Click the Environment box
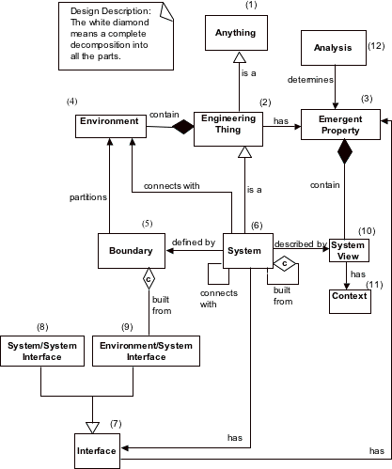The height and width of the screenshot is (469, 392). (x=109, y=121)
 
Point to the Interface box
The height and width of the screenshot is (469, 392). (x=96, y=451)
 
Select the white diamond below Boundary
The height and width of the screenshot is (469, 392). (x=148, y=279)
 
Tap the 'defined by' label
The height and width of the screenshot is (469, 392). (x=193, y=242)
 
